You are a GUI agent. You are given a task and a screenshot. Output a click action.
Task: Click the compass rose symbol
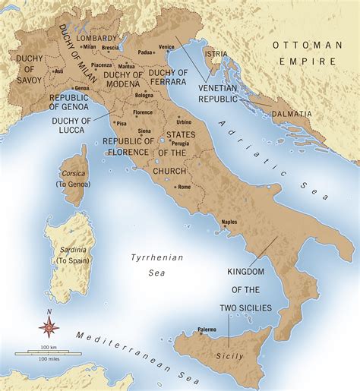coord(49,327)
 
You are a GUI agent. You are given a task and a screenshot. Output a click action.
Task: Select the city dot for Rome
coord(175,185)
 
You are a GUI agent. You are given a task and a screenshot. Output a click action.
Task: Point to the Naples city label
coord(229,222)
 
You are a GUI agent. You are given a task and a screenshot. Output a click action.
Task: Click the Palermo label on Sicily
coord(207,329)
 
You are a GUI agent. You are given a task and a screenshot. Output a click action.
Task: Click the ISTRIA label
coord(216,54)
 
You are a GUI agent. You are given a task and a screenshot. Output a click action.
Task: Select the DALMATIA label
coord(294,114)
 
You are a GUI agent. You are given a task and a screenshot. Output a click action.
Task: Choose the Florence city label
coord(143,112)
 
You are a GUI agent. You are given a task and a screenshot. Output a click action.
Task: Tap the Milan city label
coord(90,46)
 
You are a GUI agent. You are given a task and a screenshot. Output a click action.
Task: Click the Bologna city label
coord(144,95)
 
